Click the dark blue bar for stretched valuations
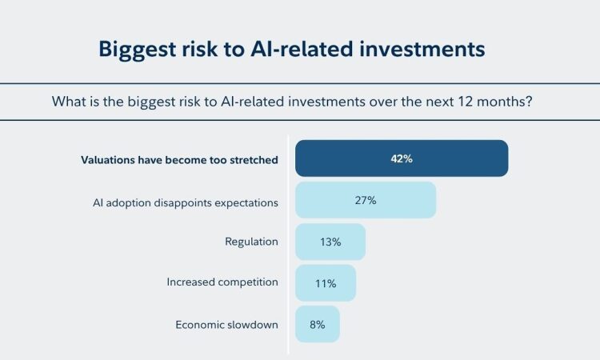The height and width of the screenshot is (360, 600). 402,158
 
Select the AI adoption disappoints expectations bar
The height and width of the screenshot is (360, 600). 366,200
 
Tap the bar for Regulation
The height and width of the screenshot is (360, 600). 330,242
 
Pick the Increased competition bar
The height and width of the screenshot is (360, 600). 326,283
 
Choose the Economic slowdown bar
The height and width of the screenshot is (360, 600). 318,324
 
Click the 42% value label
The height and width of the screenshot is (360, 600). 402,158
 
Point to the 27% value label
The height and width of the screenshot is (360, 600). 366,200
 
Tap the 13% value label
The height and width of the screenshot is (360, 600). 330,242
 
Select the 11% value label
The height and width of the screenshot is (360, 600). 326,283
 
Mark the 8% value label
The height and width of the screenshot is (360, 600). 318,325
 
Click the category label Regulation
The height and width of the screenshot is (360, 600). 251,242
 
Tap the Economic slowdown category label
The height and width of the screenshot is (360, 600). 227,325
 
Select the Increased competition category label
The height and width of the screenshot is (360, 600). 222,282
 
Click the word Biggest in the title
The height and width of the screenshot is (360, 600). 137,50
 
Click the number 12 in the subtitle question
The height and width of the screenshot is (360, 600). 466,102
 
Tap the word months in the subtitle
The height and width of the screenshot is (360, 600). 504,102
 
